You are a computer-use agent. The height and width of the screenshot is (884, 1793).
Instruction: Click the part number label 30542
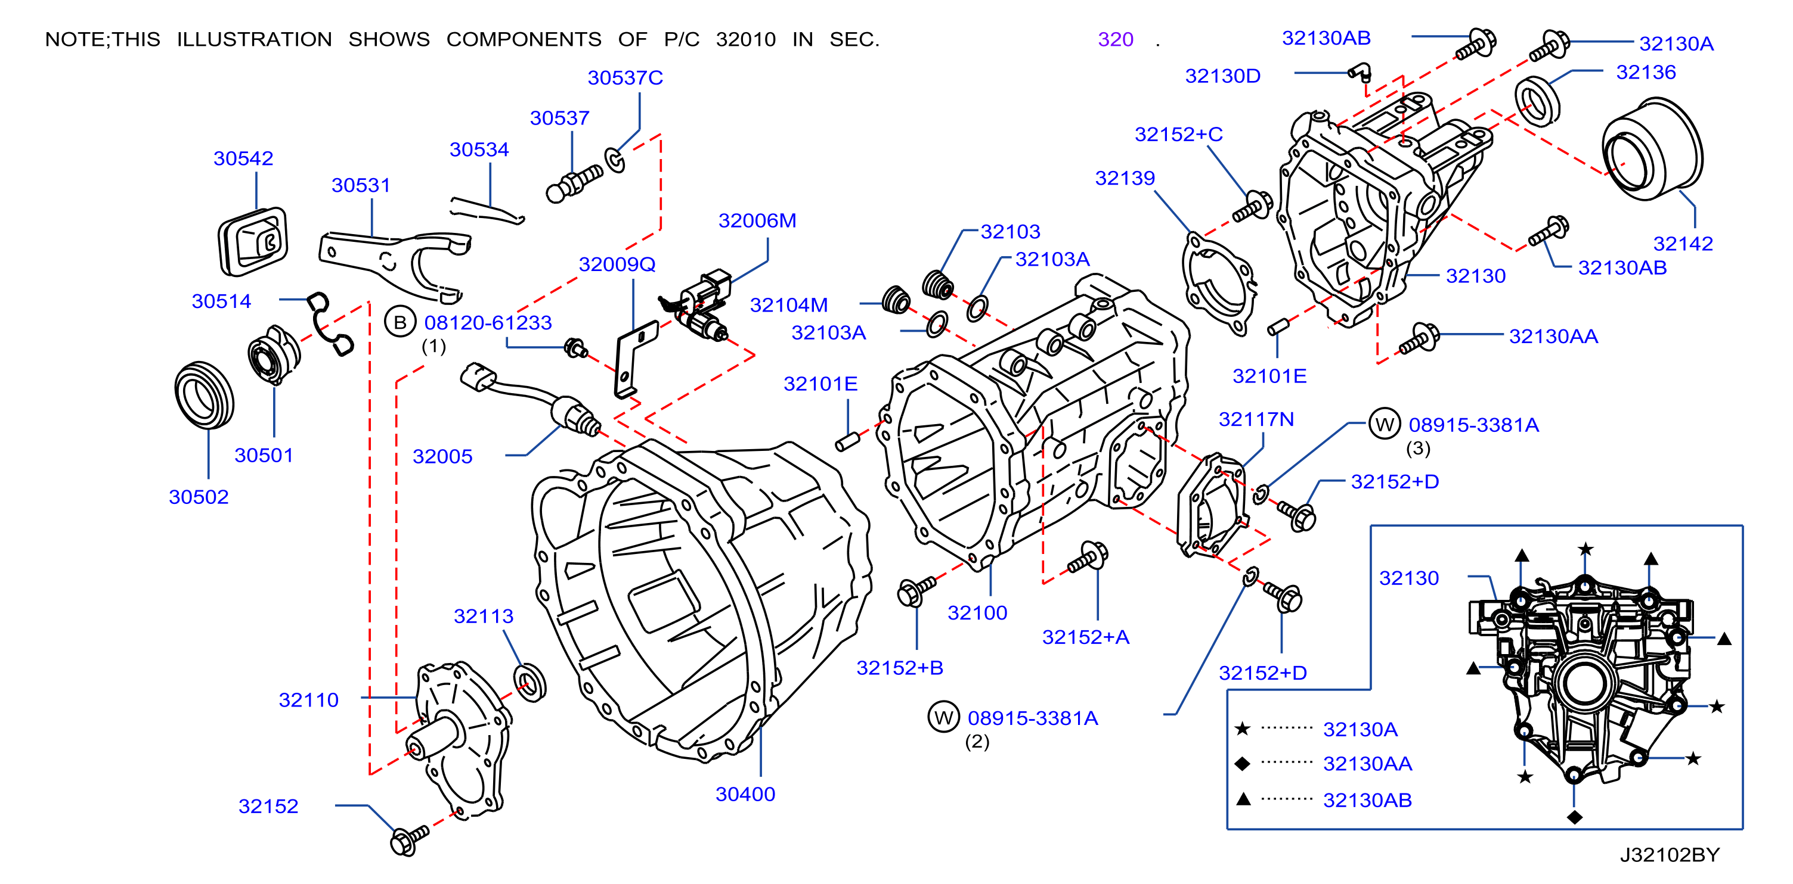[x=243, y=158]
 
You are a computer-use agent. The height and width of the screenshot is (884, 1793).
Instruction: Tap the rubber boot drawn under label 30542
[x=253, y=241]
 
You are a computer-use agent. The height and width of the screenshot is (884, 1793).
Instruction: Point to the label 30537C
[x=625, y=78]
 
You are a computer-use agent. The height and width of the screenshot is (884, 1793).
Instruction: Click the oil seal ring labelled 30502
[x=204, y=394]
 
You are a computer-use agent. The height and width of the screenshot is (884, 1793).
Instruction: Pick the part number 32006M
[x=757, y=221]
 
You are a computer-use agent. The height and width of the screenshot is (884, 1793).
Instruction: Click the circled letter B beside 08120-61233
[x=400, y=322]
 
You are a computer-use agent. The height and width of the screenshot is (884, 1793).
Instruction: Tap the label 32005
[x=442, y=457]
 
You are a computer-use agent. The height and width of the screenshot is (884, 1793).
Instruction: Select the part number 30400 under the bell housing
[x=745, y=794]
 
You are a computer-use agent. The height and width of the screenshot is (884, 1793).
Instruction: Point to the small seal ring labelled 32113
[x=529, y=683]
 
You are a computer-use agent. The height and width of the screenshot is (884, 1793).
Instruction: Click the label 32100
[x=977, y=614]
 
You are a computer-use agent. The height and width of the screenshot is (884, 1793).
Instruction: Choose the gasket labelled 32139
[x=1219, y=284]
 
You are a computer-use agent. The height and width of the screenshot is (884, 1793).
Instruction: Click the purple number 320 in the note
[x=1116, y=40]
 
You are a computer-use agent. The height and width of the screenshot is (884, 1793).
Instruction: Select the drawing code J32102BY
[x=1670, y=855]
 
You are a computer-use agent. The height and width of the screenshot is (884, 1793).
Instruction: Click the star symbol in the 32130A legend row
[x=1243, y=729]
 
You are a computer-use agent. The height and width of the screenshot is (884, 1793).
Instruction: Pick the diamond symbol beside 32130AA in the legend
[x=1243, y=764]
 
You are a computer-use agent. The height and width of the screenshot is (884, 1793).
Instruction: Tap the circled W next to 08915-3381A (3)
[x=1385, y=424]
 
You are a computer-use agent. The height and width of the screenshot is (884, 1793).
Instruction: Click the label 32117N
[x=1256, y=419]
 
